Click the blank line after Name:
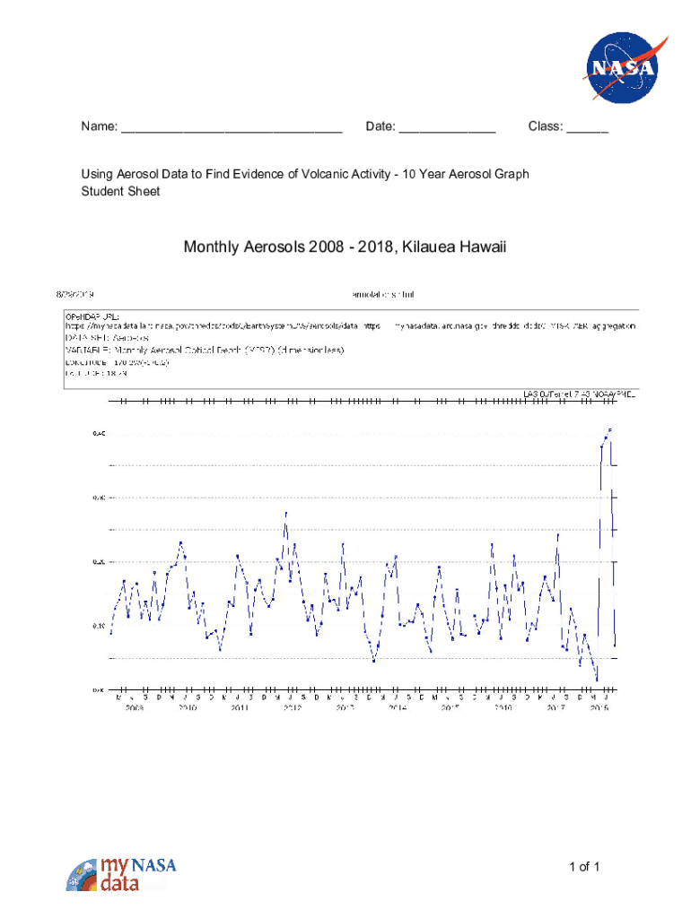(232, 127)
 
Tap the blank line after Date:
(447, 127)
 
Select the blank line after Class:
(587, 127)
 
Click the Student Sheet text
(120, 191)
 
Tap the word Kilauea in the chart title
(433, 246)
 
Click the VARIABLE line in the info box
(215, 350)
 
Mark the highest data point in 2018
(610, 430)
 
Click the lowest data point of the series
(596, 680)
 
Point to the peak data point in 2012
(285, 514)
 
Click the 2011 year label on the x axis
(240, 708)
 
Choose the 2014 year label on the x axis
(398, 708)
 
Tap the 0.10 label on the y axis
(98, 626)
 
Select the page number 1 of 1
(583, 866)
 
